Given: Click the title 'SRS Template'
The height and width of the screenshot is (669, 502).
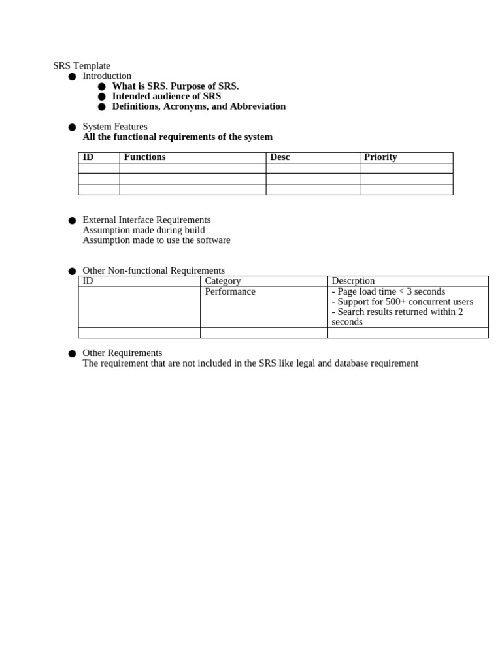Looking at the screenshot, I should tap(82, 66).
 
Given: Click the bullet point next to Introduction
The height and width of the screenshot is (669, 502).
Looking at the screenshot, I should tap(72, 77).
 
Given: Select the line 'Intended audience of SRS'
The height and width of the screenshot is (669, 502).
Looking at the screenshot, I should tap(166, 96).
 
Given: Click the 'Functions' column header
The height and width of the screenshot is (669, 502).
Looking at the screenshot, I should tap(144, 157).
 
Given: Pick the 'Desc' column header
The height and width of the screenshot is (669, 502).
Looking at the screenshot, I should tap(280, 157).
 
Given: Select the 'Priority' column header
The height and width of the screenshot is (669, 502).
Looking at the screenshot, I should tap(380, 157).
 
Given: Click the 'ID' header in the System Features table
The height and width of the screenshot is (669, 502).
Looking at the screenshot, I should tap(88, 157).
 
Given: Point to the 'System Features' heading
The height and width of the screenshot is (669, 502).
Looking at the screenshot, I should tap(115, 127).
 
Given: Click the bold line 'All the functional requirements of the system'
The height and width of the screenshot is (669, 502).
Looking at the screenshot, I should tap(177, 137).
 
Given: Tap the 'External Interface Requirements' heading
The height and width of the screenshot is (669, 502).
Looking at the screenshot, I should tap(146, 220).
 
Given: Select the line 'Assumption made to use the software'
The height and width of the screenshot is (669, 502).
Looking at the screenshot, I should tap(156, 240).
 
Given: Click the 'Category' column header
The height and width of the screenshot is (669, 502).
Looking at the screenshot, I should tap(223, 281).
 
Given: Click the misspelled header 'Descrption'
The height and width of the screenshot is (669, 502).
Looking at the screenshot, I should tap(353, 281).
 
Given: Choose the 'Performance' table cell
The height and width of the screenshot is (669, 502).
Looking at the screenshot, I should tap(230, 291).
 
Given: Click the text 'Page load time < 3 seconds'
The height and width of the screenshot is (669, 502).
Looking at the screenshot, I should tap(391, 291).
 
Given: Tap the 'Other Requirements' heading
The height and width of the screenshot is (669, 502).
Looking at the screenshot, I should tap(122, 353).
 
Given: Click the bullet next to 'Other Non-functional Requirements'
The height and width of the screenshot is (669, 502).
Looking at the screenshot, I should tap(72, 271).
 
